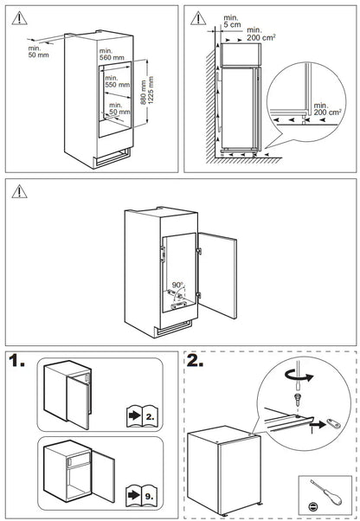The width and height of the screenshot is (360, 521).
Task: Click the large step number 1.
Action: pyautogui.click(x=16, y=361)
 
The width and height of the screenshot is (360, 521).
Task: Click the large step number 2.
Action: pyautogui.click(x=195, y=361)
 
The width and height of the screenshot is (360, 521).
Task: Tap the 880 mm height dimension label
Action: pyautogui.click(x=143, y=93)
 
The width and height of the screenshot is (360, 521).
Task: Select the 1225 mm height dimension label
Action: pyautogui.click(x=151, y=90)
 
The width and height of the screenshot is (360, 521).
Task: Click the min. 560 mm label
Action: pyautogui.click(x=112, y=55)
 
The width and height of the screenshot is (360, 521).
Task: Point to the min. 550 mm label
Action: pyautogui.click(x=117, y=81)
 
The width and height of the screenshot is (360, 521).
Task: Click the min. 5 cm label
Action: pyautogui.click(x=232, y=22)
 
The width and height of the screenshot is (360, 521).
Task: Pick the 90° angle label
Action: pyautogui.click(x=177, y=285)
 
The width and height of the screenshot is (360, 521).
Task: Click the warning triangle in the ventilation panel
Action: pyautogui.click(x=198, y=18)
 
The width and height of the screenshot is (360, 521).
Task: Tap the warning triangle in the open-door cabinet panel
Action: pyautogui.click(x=19, y=191)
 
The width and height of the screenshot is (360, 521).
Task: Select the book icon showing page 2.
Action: pyautogui.click(x=142, y=415)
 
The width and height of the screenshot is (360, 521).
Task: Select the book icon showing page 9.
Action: pyautogui.click(x=141, y=495)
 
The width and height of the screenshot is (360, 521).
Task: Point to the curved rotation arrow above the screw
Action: pyautogui.click(x=299, y=376)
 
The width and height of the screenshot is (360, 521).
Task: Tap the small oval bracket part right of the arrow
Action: pyautogui.click(x=333, y=422)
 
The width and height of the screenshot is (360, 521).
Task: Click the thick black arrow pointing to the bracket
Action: pyautogui.click(x=317, y=424)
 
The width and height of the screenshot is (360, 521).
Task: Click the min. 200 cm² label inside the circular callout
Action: pyautogui.click(x=327, y=109)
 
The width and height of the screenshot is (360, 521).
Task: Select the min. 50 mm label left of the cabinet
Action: pyautogui.click(x=39, y=52)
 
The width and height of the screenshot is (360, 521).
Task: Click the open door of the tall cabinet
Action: pyautogui.click(x=217, y=275)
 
